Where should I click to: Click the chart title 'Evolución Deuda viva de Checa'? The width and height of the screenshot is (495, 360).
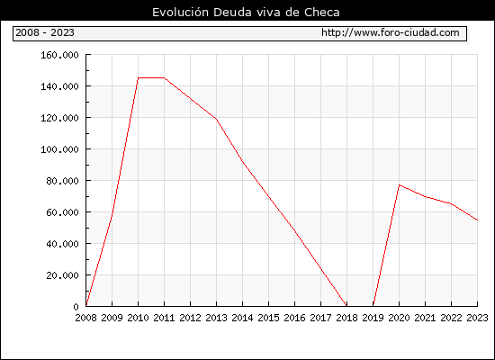246,13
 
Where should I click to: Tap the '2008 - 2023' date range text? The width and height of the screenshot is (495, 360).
45,32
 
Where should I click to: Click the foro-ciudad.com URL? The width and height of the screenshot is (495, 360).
391,32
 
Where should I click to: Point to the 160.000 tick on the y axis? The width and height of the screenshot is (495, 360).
59,55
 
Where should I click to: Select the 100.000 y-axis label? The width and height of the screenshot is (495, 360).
59,149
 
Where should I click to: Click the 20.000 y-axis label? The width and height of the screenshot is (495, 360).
62,275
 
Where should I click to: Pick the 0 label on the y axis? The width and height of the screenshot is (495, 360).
76,307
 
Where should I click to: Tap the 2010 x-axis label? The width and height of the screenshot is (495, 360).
138,318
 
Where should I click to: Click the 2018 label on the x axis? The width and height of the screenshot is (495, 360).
346,318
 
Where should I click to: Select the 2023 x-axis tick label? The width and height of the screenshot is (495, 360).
477,318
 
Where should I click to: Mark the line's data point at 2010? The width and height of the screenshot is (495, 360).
139,77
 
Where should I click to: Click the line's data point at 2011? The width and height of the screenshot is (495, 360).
164,77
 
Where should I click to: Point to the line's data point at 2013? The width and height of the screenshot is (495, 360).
216,119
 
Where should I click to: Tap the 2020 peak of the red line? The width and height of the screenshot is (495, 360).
400,184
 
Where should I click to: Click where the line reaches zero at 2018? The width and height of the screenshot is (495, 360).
346,306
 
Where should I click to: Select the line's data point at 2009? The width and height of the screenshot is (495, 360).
112,212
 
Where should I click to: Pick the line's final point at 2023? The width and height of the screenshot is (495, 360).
477,220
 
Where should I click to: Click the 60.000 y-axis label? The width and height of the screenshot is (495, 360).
62,212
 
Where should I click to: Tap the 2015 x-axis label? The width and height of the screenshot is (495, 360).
268,318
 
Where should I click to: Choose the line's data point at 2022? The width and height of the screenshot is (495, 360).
452,204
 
